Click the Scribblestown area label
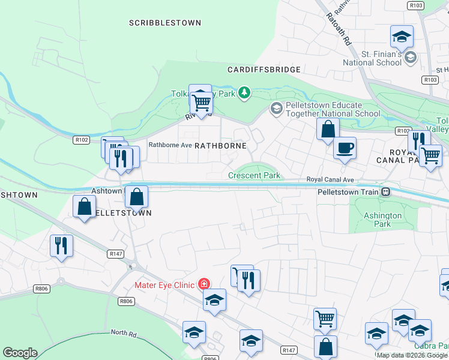(x=164, y=23)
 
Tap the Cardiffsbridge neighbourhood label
(x=264, y=70)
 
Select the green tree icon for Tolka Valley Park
(x=244, y=92)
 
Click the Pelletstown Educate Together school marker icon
(x=276, y=108)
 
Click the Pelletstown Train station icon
(x=387, y=192)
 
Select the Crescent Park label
(x=254, y=176)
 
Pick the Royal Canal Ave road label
(x=331, y=179)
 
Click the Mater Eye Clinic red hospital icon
(x=205, y=284)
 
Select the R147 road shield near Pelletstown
(x=116, y=254)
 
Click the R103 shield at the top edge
(x=415, y=5)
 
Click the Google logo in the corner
(x=20, y=353)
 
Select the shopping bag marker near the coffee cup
(x=328, y=129)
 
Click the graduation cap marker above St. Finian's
(x=402, y=37)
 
